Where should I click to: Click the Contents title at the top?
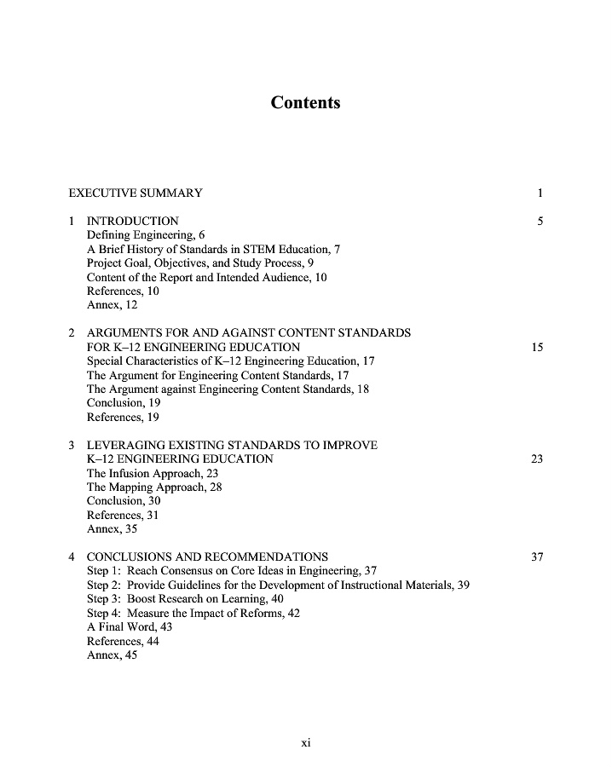pos(305,103)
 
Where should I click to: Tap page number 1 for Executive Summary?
pos(540,193)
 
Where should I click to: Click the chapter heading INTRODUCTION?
pos(133,222)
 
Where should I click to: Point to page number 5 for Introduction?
pos(540,222)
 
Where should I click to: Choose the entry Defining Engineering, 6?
pos(146,235)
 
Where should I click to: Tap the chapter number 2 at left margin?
pos(72,333)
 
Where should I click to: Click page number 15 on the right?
pos(537,347)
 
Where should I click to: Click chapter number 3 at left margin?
pos(72,445)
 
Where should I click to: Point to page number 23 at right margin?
pos(537,459)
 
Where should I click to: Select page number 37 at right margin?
pos(537,557)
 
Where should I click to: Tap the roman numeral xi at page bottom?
pos(306,742)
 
